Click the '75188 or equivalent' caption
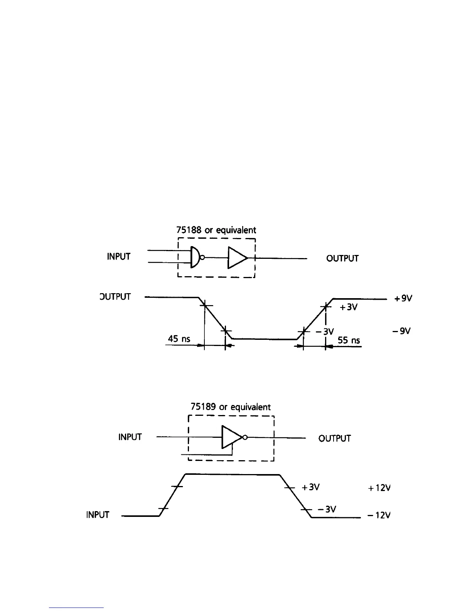[216, 230]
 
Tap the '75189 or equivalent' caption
[231, 407]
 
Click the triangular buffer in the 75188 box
[237, 257]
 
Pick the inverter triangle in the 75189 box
[231, 437]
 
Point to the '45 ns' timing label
[179, 339]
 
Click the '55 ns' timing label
[349, 340]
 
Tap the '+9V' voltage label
[403, 298]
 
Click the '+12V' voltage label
[379, 488]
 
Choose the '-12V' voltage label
[379, 515]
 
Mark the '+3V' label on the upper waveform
[348, 307]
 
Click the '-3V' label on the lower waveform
[327, 509]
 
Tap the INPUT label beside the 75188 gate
[119, 257]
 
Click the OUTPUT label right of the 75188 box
[342, 258]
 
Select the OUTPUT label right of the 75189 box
[335, 439]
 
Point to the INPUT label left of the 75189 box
[130, 437]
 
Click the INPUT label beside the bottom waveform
[98, 515]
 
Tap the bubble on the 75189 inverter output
[244, 437]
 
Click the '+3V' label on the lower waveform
[311, 487]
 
